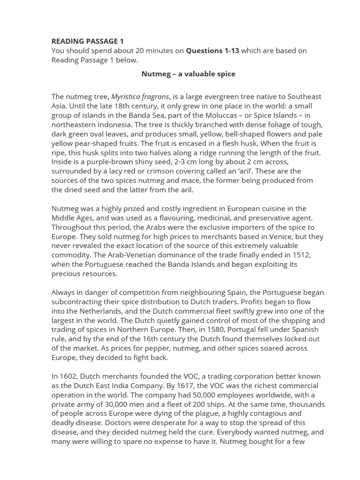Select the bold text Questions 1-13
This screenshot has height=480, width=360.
212,51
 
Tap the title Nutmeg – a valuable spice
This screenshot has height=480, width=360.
188,74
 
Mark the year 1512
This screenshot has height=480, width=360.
301,255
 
